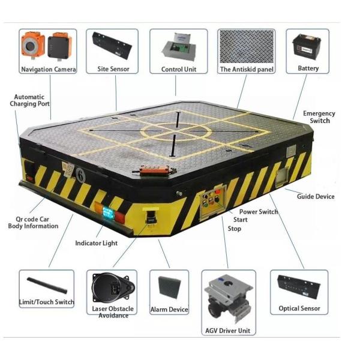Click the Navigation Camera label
point(49,70)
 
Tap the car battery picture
point(307,47)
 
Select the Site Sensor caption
point(113,69)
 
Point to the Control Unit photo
point(179,47)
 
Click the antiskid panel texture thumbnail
point(247,46)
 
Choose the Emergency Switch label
point(319,117)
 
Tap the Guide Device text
point(316,197)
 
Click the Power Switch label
point(259,212)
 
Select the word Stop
point(235,229)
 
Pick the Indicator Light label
point(96,243)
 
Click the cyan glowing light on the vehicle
point(107,212)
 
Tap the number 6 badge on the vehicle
point(80,175)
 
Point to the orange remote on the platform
point(155,170)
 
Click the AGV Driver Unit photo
point(228,298)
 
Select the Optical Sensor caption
point(299,308)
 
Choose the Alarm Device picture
point(169,287)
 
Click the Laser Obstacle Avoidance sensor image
point(113,287)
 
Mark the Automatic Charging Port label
point(29,100)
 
